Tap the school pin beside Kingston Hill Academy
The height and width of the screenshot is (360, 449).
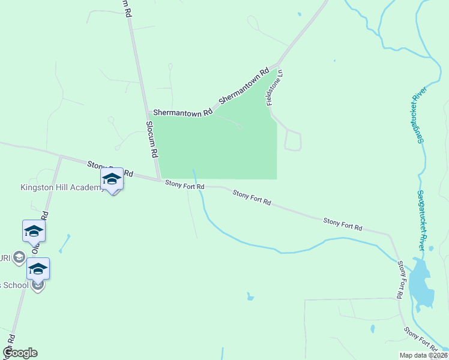coord(112,179)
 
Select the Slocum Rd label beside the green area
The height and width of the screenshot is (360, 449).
coord(151,137)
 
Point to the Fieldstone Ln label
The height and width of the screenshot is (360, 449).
coord(275,88)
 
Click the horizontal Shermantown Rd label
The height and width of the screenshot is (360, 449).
coord(182,112)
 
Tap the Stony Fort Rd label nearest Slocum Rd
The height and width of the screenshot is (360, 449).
coord(185,186)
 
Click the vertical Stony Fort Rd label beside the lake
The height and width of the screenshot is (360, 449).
coord(399,280)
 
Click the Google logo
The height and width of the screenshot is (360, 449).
coord(20,353)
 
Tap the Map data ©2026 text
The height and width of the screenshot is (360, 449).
coord(423,355)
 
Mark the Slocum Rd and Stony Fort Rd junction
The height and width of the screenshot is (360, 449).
coord(159,179)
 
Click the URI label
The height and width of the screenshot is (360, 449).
coord(5,257)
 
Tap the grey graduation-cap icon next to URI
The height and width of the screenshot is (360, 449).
coord(19,257)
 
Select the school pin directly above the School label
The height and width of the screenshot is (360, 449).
coord(38,269)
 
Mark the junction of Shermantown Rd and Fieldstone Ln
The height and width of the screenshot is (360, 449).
coord(278,64)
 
